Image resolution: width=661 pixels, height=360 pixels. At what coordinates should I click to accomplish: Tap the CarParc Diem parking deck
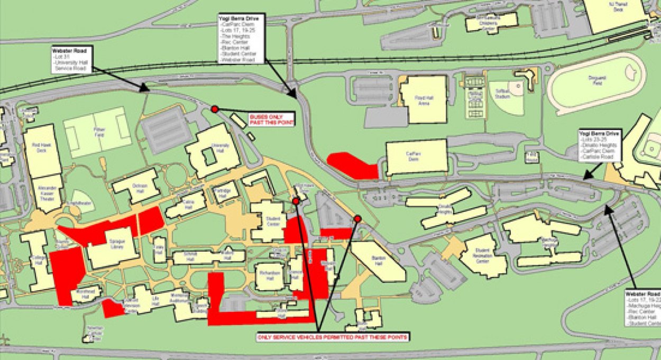click(x=417, y=157)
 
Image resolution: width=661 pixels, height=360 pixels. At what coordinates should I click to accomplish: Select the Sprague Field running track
click(x=596, y=83)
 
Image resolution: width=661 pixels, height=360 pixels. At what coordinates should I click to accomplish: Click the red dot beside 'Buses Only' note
click(x=215, y=109)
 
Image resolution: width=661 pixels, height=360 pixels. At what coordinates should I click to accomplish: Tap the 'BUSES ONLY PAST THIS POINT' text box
click(x=271, y=119)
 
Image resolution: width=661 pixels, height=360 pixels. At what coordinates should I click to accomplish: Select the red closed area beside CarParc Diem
click(x=351, y=165)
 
